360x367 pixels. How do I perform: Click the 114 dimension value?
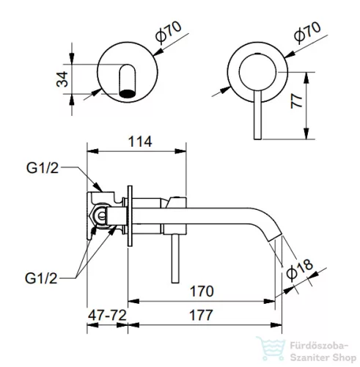(140, 142)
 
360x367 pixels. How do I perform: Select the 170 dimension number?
(202, 291)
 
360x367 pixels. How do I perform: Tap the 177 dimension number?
(201, 315)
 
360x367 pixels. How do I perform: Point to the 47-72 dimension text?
(107, 315)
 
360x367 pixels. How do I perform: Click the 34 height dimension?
(62, 79)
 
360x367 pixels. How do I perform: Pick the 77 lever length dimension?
(296, 101)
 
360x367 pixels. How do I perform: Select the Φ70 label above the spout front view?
(169, 32)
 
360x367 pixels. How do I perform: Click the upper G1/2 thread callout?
(43, 168)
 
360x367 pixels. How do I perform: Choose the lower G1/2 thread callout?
(41, 278)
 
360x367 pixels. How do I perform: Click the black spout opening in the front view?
(127, 93)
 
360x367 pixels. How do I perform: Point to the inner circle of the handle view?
(258, 73)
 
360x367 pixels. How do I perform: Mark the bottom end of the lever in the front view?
(258, 139)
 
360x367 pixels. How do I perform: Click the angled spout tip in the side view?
(276, 237)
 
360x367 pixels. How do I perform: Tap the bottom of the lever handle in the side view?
(175, 282)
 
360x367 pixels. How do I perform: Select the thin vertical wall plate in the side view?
(130, 216)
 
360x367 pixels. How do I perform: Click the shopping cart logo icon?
(271, 349)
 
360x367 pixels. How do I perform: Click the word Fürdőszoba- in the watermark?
(319, 346)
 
